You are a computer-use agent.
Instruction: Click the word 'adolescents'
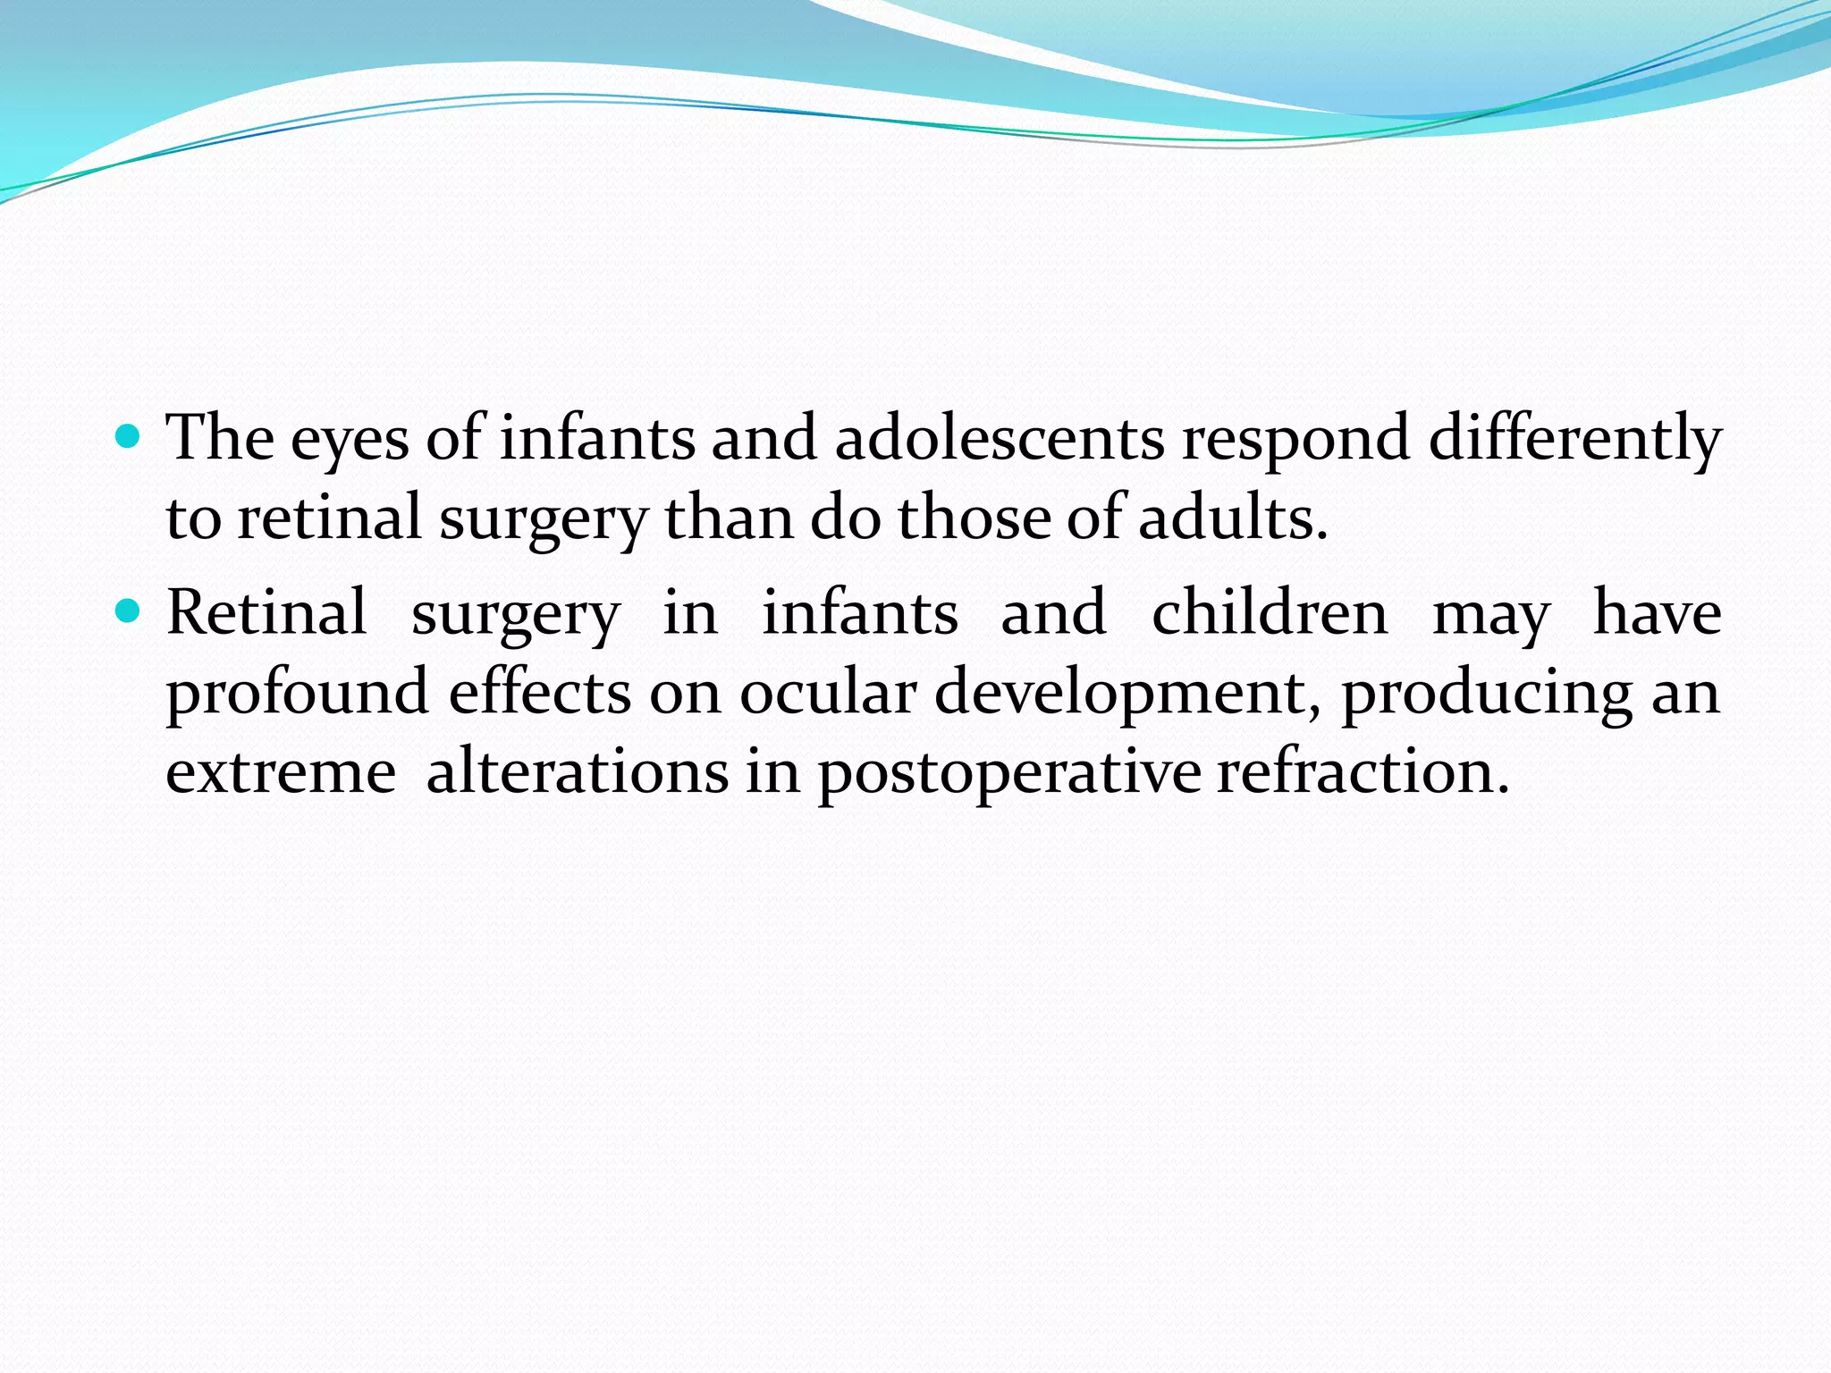tap(1000, 438)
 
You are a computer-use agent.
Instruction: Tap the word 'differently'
tap(1574, 438)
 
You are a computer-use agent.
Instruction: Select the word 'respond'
tap(1295, 438)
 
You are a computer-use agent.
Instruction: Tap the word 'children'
tap(1270, 613)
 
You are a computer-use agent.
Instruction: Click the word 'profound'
tap(298, 694)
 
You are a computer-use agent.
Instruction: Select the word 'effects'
tap(540, 692)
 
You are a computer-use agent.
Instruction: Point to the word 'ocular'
tap(828, 692)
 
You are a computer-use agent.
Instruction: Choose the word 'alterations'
tap(578, 771)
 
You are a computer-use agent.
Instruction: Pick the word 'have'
tap(1657, 613)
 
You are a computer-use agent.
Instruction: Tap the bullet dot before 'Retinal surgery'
tap(130, 612)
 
